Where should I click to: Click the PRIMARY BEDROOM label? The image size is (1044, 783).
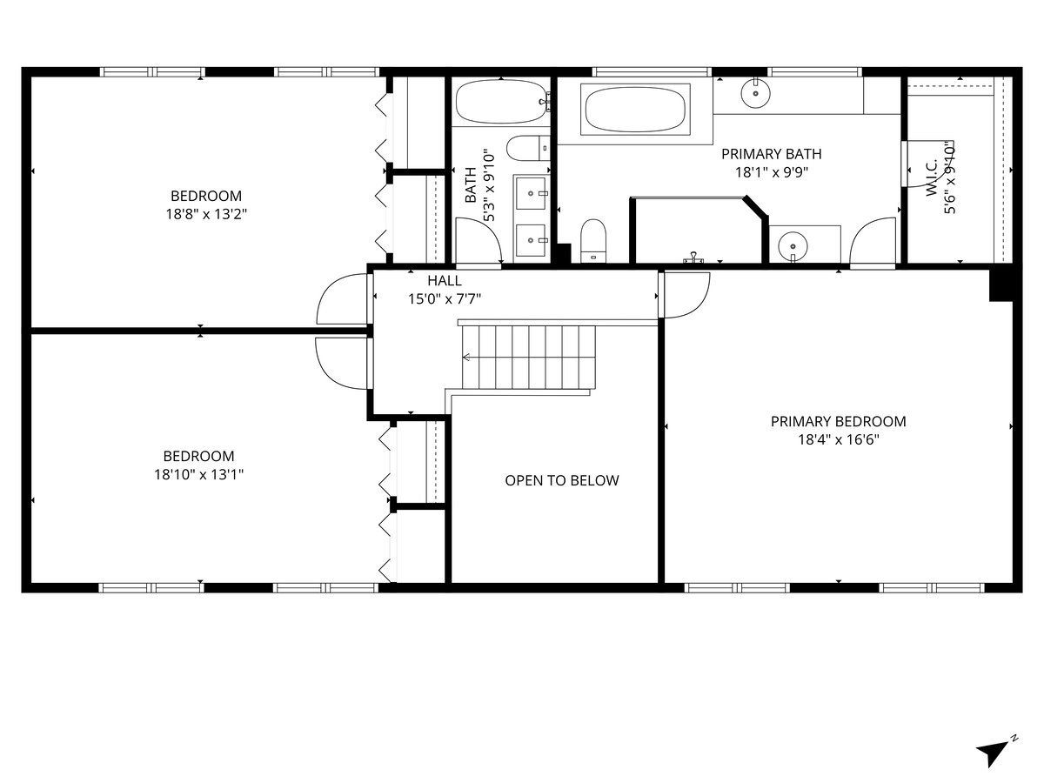pos(838,421)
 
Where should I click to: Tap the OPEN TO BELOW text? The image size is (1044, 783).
pos(562,480)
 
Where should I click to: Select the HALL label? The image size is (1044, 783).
pos(445,280)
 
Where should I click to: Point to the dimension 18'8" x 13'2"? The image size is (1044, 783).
pos(206,214)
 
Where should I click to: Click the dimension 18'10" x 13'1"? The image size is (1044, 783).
pos(198,474)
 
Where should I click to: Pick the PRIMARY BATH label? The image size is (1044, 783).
pos(772,154)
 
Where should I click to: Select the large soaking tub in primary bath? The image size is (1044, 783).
pos(635,110)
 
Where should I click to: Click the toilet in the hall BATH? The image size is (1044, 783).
pos(528,148)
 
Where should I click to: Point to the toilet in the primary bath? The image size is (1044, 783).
pos(593,241)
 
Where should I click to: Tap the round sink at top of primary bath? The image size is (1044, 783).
pos(755,93)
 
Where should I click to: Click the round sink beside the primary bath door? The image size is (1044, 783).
pos(793,246)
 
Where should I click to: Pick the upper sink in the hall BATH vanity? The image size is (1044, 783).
pos(531,193)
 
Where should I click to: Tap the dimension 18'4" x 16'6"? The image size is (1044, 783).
pos(838,439)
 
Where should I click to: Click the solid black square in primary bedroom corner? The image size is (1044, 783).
pos(1001,284)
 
